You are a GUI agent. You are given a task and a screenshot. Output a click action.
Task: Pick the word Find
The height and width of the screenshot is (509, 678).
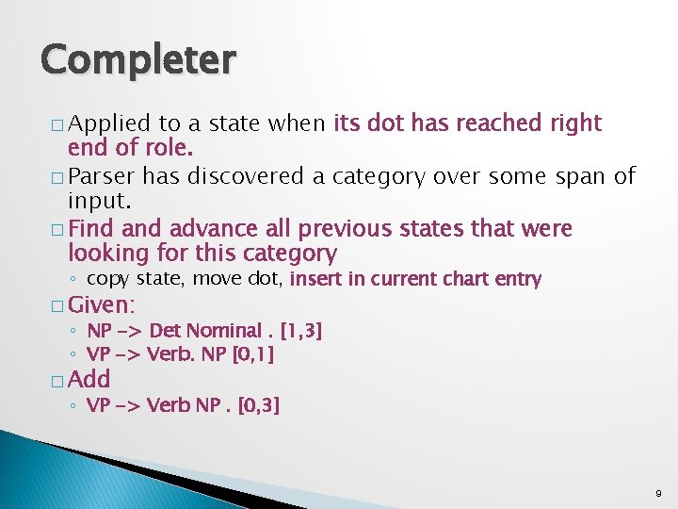point(89,229)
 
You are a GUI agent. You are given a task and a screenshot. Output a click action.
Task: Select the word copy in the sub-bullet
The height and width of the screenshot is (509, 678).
point(108,279)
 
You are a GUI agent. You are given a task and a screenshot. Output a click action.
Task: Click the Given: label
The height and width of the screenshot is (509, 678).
point(103,304)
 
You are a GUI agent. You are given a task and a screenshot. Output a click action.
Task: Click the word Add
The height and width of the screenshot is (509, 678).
point(89,380)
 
